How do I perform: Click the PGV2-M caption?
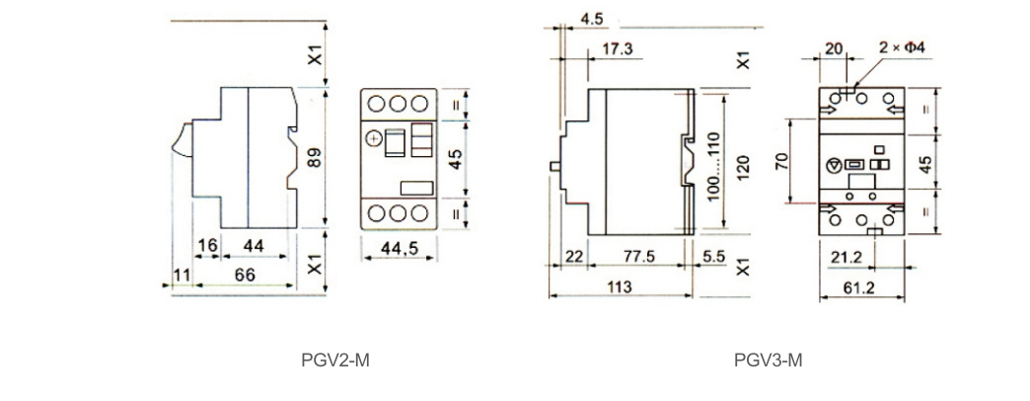(x=334, y=360)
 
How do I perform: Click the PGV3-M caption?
(x=769, y=360)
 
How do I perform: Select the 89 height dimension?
(x=315, y=158)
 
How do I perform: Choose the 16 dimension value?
(x=206, y=245)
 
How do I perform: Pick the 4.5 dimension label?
(x=592, y=19)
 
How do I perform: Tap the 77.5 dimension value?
(x=637, y=256)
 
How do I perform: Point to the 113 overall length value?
(x=621, y=285)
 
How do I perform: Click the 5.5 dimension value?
(x=713, y=256)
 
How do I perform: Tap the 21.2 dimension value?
(x=850, y=258)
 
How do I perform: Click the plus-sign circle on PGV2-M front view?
(x=374, y=137)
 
